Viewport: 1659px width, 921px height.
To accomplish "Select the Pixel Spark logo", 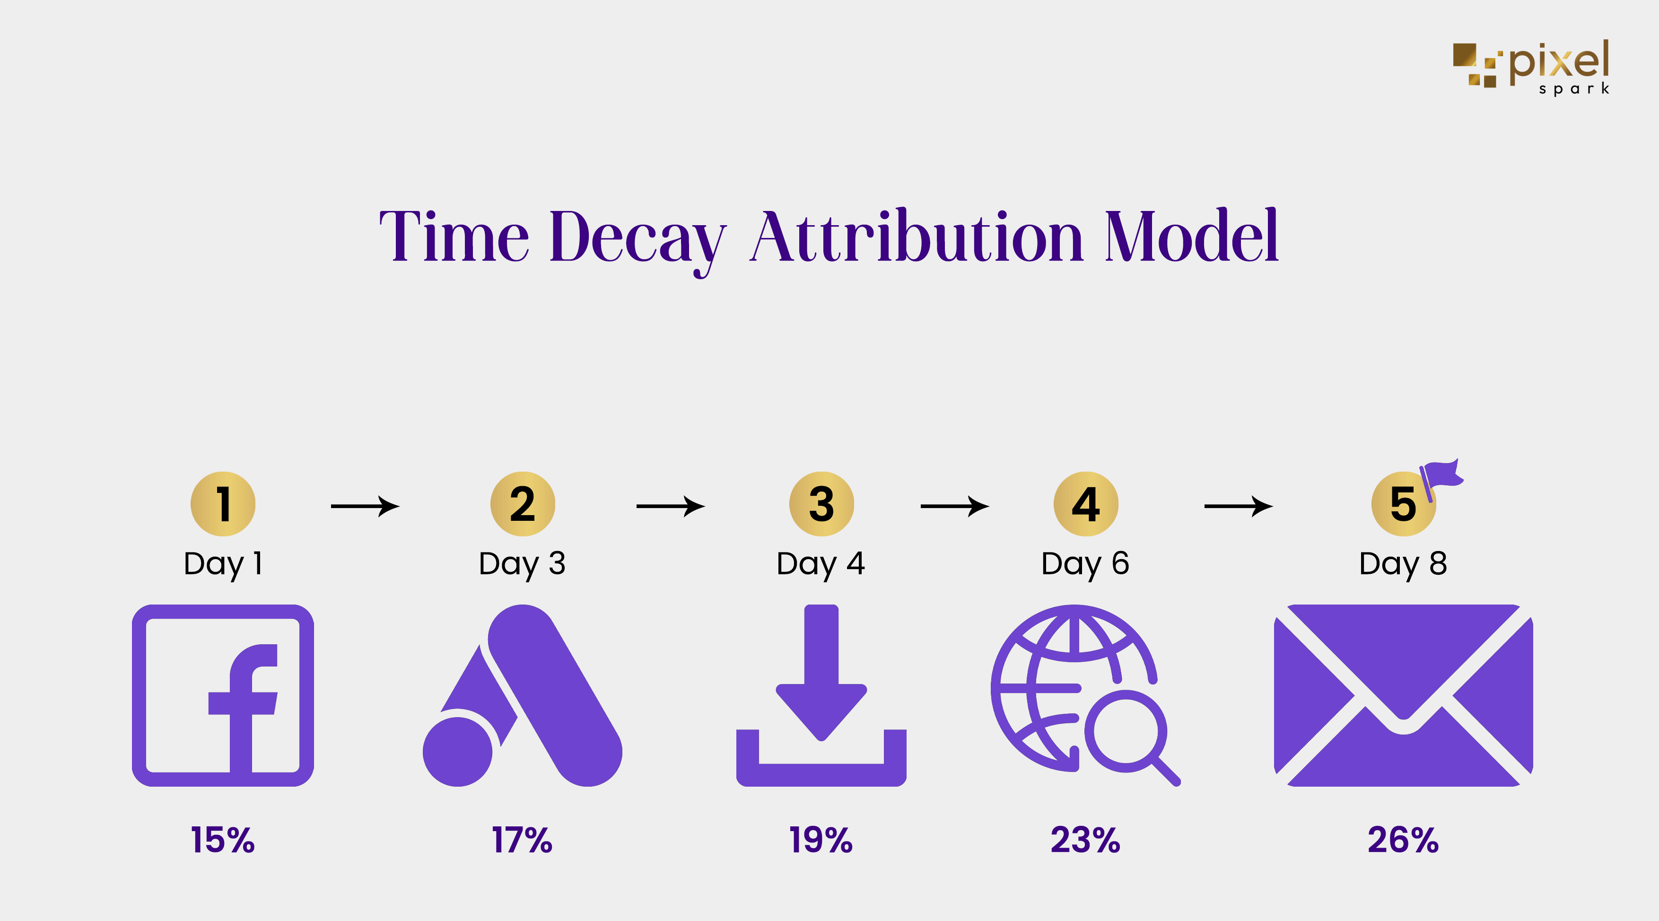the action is point(1531,67).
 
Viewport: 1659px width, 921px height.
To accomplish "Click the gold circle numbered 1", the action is point(223,504).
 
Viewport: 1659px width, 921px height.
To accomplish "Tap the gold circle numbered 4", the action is point(1086,504).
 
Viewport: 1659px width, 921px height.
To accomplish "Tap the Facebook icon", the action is point(223,695).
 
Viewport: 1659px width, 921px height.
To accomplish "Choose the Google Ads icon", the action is point(522,695).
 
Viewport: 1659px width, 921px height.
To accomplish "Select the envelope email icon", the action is point(1403,695).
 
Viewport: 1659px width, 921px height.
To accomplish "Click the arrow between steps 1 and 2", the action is point(365,506).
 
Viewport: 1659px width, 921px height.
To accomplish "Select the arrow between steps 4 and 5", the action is point(1239,506).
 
